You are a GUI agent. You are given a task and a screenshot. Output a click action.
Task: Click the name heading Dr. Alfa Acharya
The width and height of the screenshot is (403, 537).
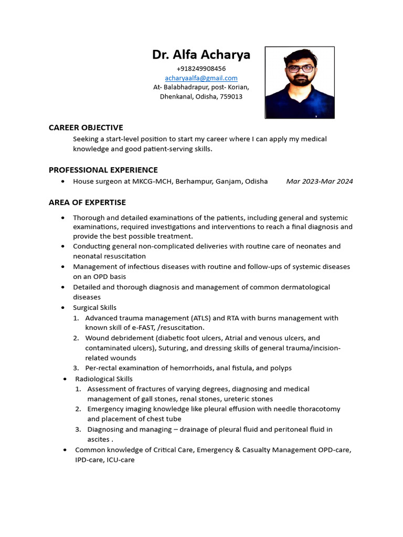pyautogui.click(x=201, y=55)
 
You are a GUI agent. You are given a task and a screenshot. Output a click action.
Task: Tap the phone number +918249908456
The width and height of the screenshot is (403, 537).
pyautogui.click(x=201, y=69)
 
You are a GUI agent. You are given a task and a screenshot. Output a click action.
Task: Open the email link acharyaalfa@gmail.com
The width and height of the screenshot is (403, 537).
pyautogui.click(x=201, y=78)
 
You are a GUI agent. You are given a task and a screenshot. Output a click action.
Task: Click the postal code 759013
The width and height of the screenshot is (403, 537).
pyautogui.click(x=230, y=97)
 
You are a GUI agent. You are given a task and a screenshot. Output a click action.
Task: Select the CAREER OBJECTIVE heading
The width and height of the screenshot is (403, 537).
pyautogui.click(x=86, y=127)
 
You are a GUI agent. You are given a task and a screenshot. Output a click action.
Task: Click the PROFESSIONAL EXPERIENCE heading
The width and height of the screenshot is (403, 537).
pyautogui.click(x=103, y=170)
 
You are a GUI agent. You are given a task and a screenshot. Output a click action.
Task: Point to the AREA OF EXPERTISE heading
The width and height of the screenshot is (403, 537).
pyautogui.click(x=87, y=202)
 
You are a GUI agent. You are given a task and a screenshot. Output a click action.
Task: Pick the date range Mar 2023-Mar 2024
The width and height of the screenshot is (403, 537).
pyautogui.click(x=319, y=181)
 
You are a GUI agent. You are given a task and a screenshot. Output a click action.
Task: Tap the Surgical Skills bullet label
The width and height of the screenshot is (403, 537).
pyautogui.click(x=94, y=308)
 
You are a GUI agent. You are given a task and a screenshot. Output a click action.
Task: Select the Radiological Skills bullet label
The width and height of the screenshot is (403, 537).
pyautogui.click(x=103, y=379)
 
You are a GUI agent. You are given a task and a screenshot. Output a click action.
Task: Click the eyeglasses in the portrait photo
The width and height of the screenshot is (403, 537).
pyautogui.click(x=300, y=69)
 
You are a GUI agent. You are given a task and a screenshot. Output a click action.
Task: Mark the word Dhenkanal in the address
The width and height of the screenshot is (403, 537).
pyautogui.click(x=176, y=97)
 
